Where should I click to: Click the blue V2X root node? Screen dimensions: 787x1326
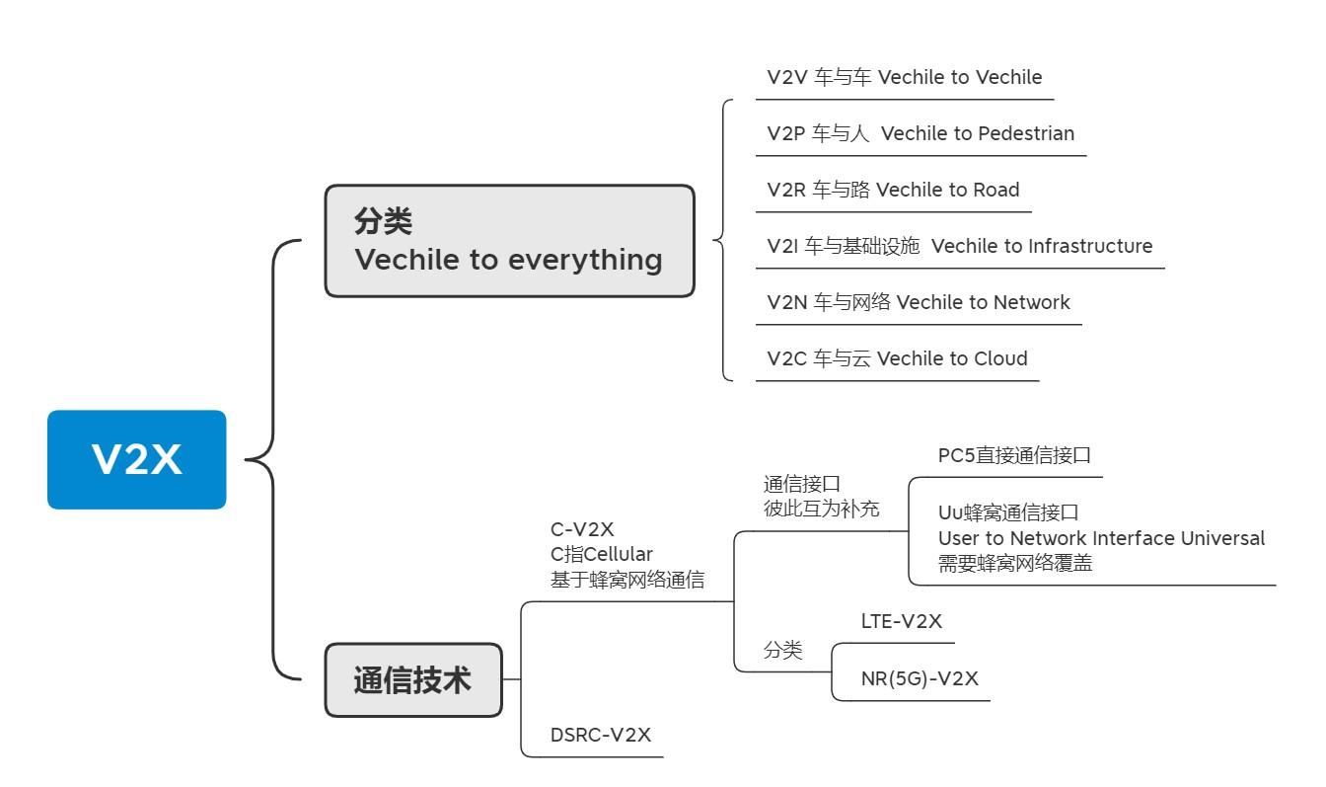coord(136,459)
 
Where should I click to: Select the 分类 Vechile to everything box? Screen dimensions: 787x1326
coord(509,241)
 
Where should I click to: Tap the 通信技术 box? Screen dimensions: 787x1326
coord(412,679)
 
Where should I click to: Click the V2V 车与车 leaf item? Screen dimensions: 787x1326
coord(904,77)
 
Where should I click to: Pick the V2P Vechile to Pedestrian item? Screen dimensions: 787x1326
coord(920,133)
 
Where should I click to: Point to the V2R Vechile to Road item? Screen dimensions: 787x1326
coord(893,190)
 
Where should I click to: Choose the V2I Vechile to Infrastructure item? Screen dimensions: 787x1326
coord(959,246)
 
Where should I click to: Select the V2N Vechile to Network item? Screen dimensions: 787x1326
coord(918,302)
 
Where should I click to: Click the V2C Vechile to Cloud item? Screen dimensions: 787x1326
coord(897,358)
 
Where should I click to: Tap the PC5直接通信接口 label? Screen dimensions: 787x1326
coord(1014,455)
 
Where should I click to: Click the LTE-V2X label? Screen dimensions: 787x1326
coord(901,621)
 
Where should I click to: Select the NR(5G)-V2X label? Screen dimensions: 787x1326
coord(920,678)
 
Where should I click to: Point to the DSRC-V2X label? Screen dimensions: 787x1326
coord(600,735)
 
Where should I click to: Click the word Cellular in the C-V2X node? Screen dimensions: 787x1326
coord(619,554)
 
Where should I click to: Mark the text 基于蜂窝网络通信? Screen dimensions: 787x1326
coord(626,580)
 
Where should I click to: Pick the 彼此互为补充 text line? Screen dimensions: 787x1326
coord(821,509)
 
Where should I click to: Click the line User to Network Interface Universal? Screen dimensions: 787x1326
coord(1101,538)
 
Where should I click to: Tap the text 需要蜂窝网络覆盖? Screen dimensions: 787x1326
coord(1014,564)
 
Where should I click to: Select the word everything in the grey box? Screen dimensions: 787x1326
coord(585,260)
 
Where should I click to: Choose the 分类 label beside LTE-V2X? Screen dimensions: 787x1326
coord(782,650)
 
